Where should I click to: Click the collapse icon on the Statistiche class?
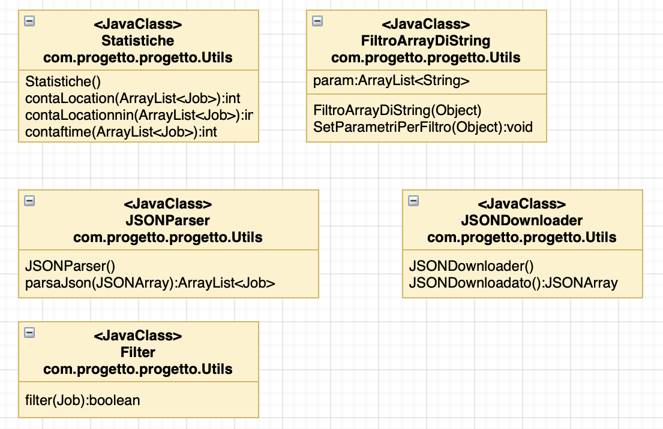[29, 21]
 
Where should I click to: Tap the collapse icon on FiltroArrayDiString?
[317, 21]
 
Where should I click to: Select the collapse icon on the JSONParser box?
[29, 201]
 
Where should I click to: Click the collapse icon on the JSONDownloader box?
[413, 201]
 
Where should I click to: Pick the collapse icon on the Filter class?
[29, 333]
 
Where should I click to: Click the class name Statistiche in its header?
[138, 41]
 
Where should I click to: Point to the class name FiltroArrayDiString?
[426, 41]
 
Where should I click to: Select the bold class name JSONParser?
[168, 220]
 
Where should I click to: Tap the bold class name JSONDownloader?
[522, 220]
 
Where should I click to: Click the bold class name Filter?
[138, 352]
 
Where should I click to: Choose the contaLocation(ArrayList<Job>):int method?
[133, 98]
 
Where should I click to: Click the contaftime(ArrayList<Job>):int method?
[121, 132]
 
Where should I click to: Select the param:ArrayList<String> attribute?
[391, 81]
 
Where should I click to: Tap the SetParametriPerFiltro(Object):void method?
[423, 127]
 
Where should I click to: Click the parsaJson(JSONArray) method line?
[150, 283]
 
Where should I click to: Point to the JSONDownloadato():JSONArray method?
[514, 283]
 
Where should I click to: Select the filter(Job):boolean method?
[82, 400]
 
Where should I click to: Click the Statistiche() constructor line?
[63, 81]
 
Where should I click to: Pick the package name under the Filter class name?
[138, 370]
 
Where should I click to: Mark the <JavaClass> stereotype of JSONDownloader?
[522, 204]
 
